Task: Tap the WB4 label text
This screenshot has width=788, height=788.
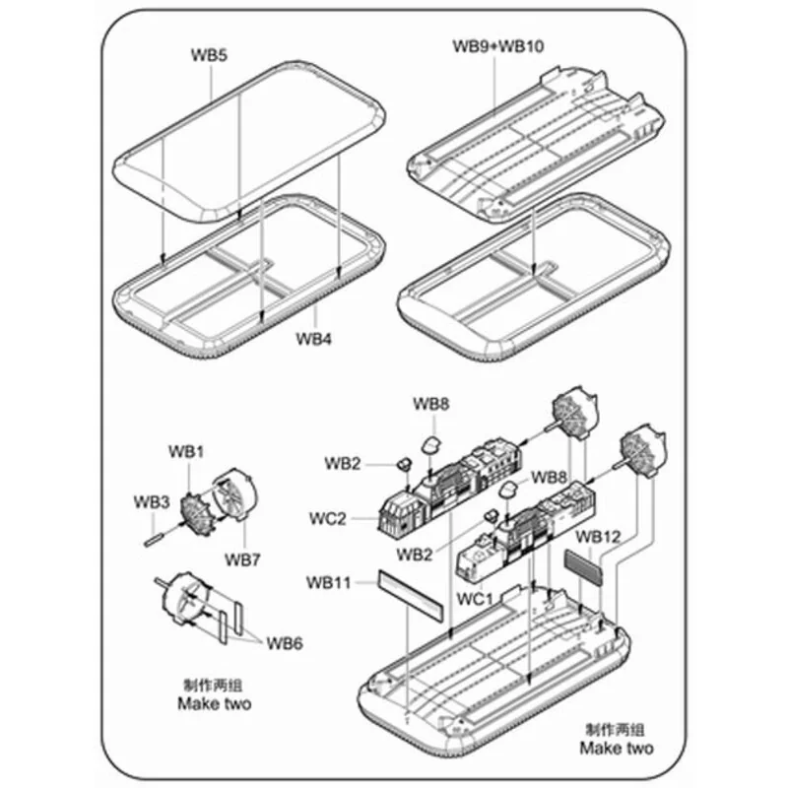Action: (x=315, y=341)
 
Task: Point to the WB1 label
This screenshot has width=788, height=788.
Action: (x=185, y=452)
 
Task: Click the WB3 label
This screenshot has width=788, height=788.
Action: (x=152, y=501)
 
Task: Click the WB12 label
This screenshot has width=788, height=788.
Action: (x=598, y=537)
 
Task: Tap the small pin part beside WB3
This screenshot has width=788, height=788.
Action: (x=157, y=538)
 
